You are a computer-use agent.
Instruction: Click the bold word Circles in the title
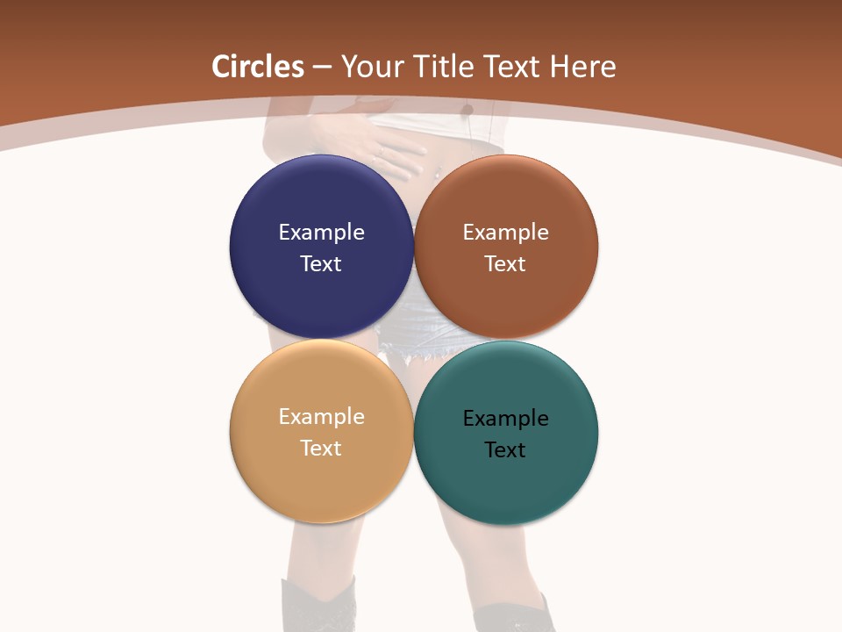(x=258, y=67)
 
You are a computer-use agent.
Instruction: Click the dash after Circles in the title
(x=322, y=68)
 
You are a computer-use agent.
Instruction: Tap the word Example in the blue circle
(x=321, y=232)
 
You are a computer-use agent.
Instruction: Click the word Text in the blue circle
(x=321, y=263)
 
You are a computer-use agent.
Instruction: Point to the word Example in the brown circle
(x=505, y=232)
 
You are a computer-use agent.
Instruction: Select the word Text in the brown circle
(x=505, y=263)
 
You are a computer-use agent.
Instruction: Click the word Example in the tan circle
(x=321, y=416)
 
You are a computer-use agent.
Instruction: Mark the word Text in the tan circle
(x=321, y=448)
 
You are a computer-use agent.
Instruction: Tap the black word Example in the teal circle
(x=505, y=418)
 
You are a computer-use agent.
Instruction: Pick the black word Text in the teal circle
(x=505, y=449)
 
